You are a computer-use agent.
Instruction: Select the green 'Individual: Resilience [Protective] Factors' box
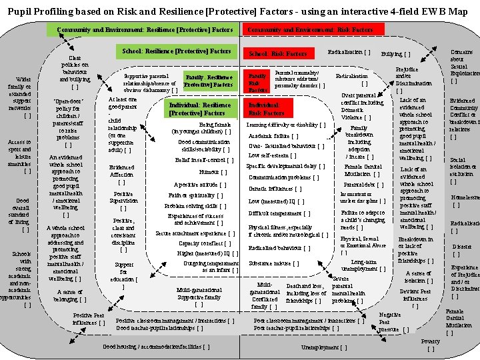(200, 109)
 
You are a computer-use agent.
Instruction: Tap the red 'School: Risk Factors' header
(278, 53)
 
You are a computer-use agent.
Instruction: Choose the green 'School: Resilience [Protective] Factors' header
(177, 51)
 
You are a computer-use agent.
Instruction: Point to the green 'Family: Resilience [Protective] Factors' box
(209, 81)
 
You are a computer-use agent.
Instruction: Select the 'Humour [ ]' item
(213, 172)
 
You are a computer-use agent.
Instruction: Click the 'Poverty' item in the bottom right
(431, 344)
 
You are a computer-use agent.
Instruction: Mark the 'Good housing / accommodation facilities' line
(157, 347)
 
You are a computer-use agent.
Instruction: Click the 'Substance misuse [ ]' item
(273, 263)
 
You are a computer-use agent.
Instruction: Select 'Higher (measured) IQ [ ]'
(207, 253)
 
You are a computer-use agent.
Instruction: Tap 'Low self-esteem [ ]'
(272, 155)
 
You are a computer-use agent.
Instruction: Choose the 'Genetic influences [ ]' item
(275, 189)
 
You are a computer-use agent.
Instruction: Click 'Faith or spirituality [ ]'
(195, 195)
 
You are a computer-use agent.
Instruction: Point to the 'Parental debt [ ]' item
(364, 185)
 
